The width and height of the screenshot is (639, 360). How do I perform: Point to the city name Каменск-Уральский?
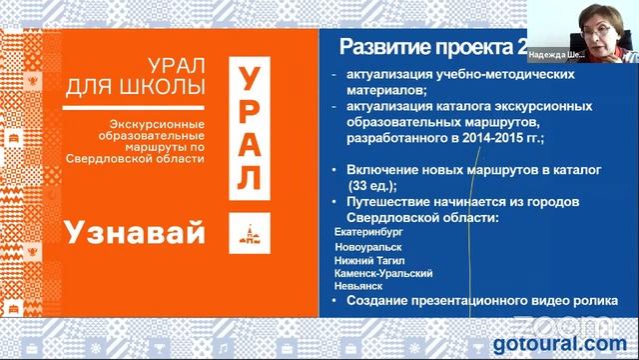(x=383, y=271)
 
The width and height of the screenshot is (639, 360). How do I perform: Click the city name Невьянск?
(x=358, y=285)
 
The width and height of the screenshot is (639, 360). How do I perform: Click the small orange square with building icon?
(x=245, y=234)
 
